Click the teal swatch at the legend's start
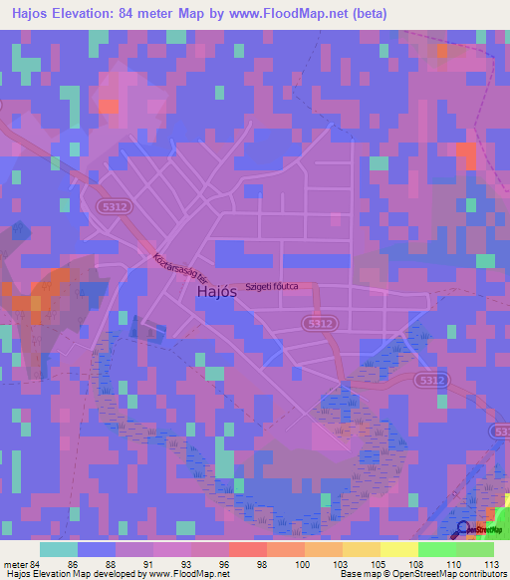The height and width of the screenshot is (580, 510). pyautogui.click(x=59, y=549)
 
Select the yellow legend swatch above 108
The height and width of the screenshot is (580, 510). pyautogui.click(x=399, y=549)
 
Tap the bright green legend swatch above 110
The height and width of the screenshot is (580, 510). pyautogui.click(x=437, y=549)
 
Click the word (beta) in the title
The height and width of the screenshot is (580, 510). pyautogui.click(x=367, y=14)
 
